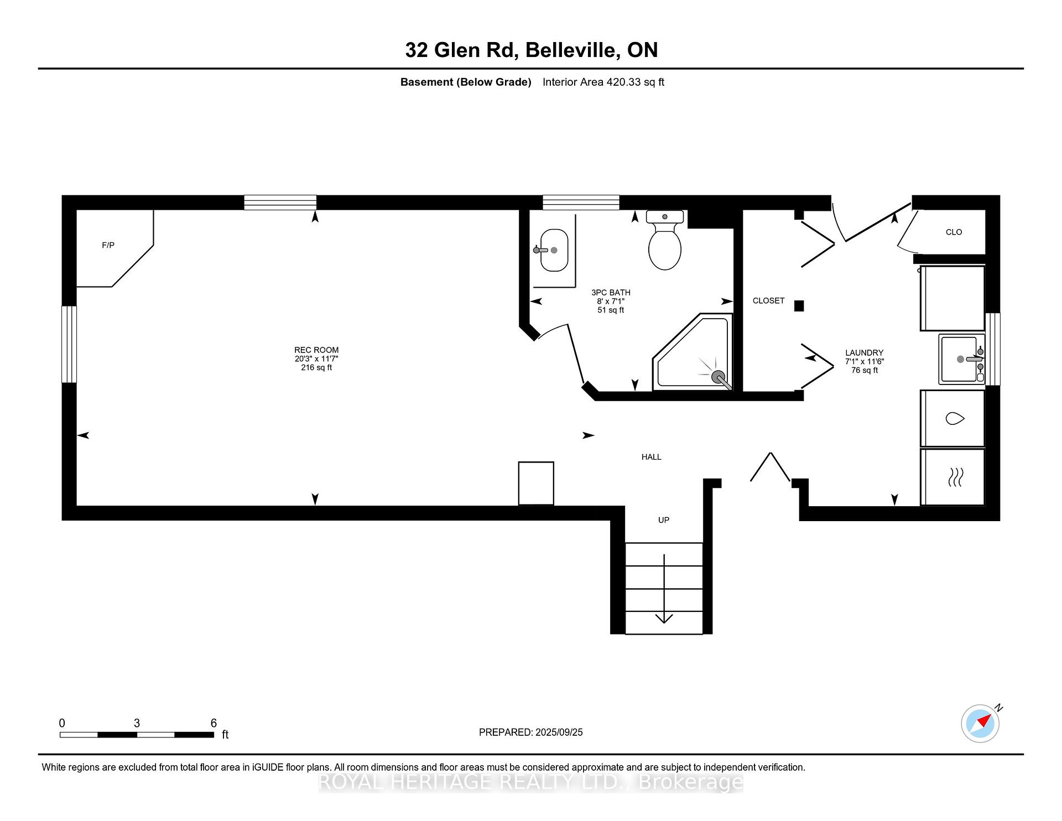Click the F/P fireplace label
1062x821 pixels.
click(x=108, y=245)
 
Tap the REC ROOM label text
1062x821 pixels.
click(x=316, y=350)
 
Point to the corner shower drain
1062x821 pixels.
click(x=718, y=377)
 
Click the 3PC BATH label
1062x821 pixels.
click(x=611, y=293)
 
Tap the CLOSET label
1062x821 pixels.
click(x=768, y=300)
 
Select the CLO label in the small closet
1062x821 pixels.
click(x=954, y=232)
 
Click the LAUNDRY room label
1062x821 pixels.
click(x=864, y=352)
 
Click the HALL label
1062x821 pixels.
click(x=651, y=457)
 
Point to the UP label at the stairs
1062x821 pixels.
click(x=663, y=520)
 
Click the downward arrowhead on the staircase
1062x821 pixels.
click(x=664, y=619)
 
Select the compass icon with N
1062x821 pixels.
click(x=980, y=724)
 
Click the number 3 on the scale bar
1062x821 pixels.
click(x=137, y=723)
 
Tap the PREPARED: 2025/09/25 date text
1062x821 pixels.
click(x=530, y=732)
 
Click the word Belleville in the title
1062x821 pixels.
click(x=572, y=50)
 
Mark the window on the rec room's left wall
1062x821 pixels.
click(x=69, y=344)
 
